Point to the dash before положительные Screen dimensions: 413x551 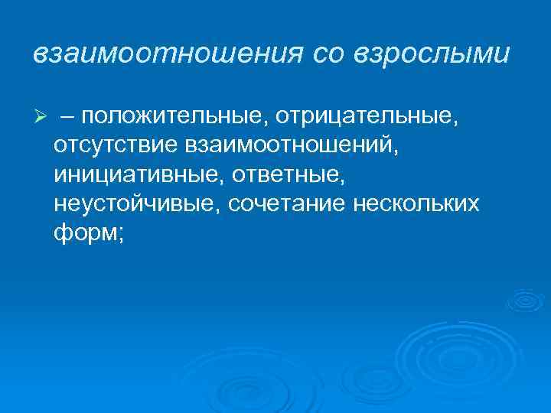(70, 115)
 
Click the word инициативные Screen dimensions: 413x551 (135, 174)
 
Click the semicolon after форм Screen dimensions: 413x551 (118, 235)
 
